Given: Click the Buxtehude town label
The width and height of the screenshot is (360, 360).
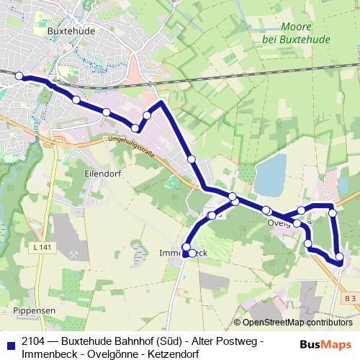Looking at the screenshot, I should [70, 32].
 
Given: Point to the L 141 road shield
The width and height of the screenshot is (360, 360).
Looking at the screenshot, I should [42, 248].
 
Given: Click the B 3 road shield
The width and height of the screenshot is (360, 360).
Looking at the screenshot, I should [350, 297].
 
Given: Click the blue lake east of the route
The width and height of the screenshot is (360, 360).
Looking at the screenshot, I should [270, 176].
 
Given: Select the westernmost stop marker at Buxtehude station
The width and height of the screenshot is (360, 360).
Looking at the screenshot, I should [19, 77].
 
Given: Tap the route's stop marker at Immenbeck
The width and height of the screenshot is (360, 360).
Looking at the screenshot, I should [186, 248].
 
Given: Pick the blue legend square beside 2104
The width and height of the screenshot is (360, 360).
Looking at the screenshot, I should [10, 342].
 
